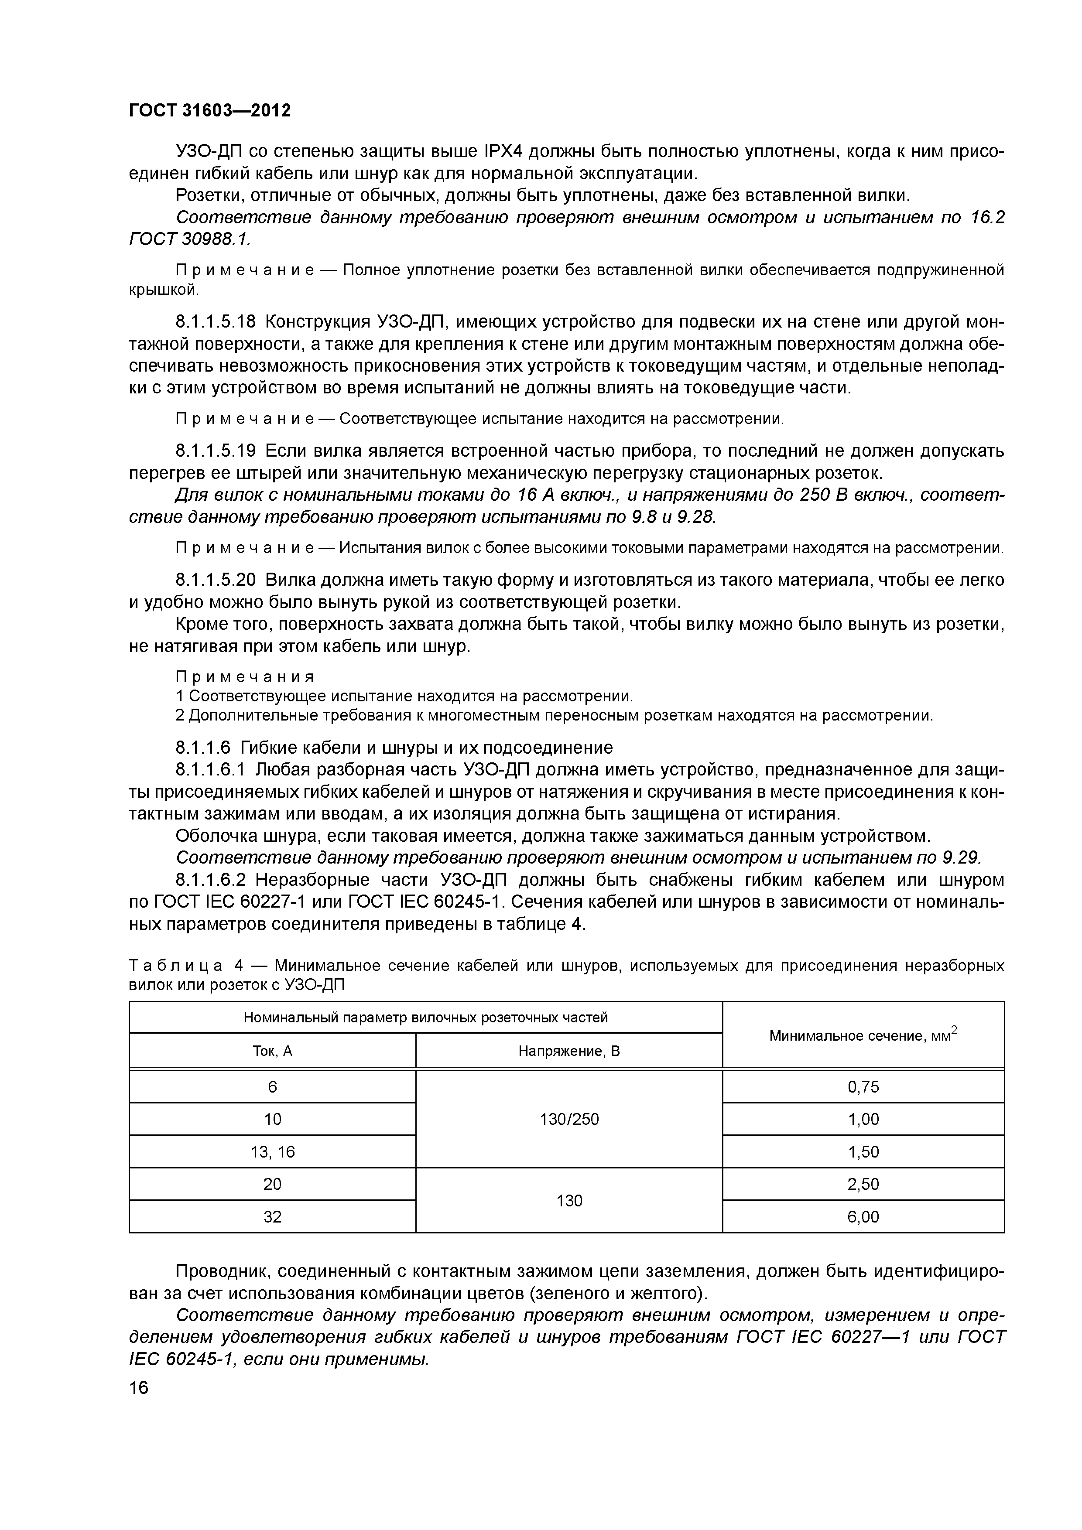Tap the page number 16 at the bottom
click(139, 1388)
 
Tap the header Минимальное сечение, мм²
click(863, 1035)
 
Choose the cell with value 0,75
click(863, 1087)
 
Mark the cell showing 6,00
click(863, 1217)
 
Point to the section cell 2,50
click(863, 1184)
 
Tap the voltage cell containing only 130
click(568, 1201)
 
